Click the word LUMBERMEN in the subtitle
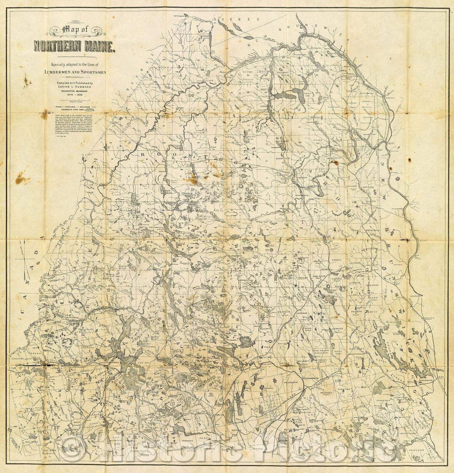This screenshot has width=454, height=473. tap(59, 72)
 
